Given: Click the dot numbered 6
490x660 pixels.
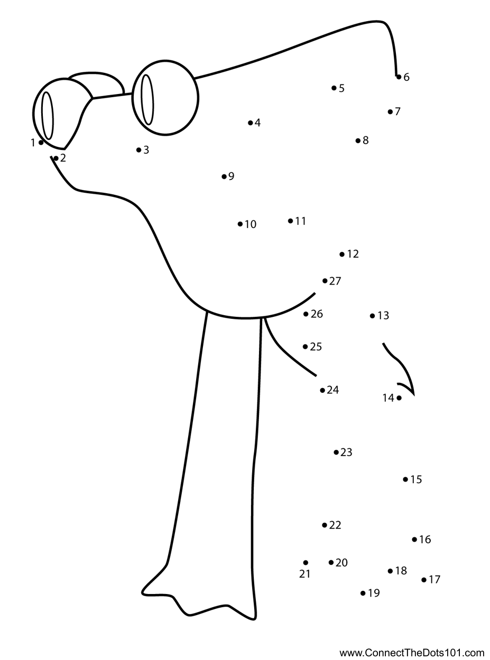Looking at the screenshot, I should (399, 77).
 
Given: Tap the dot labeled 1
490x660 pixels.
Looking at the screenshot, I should (41, 143).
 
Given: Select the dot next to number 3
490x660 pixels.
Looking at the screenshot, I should (138, 150).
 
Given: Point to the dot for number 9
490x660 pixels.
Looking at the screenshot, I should (224, 176).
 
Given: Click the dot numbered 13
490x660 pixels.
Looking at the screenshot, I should (372, 316).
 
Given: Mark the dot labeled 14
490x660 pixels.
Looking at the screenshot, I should (399, 398).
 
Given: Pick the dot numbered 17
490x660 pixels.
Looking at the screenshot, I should (424, 580).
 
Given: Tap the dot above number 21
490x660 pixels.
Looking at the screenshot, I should (306, 563).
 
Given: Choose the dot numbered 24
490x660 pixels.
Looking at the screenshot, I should (322, 390).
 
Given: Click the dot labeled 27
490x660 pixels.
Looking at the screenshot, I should (325, 281).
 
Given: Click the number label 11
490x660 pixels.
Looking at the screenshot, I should (301, 221).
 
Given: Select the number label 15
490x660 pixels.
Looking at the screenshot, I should (416, 479).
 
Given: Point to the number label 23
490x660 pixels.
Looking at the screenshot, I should (346, 452).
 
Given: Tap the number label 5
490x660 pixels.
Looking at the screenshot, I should (341, 88).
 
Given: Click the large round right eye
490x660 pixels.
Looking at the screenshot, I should (165, 98).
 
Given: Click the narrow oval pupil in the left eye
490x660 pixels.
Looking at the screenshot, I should (48, 115).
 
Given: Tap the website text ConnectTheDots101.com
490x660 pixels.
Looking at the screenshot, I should (412, 653).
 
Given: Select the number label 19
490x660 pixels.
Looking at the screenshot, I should (374, 593).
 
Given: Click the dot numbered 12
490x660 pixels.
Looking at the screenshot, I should (342, 254).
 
